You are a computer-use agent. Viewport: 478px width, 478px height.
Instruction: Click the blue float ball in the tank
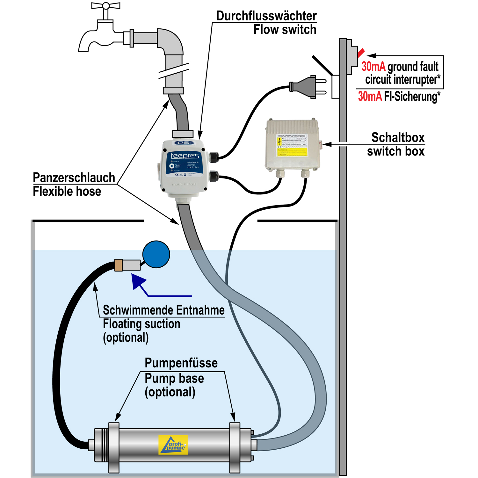[156, 254]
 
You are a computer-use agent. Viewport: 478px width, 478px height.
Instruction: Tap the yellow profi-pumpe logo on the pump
[173, 445]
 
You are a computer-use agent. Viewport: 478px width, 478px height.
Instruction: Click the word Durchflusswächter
[266, 16]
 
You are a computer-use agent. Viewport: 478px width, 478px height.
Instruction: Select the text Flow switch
[285, 30]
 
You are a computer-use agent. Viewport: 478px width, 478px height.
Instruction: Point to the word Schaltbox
[398, 138]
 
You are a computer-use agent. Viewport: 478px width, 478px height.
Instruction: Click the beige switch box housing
[292, 145]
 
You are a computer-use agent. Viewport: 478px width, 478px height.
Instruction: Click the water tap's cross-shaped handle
[106, 6]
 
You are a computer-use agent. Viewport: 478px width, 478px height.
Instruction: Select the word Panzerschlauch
[74, 178]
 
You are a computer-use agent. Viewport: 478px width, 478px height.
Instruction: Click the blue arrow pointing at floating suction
[140, 282]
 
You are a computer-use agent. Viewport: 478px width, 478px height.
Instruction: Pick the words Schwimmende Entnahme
[163, 310]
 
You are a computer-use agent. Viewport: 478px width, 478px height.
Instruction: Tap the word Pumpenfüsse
[181, 363]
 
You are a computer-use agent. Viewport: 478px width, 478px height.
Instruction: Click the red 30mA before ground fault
[373, 67]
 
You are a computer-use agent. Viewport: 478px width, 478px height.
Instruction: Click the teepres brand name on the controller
[185, 156]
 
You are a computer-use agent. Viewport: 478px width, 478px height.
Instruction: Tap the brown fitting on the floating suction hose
[119, 265]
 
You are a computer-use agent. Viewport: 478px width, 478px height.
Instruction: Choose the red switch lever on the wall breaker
[361, 53]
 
